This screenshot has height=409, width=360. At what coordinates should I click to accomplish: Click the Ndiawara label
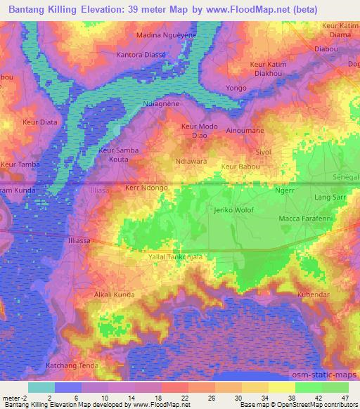[x=190, y=160]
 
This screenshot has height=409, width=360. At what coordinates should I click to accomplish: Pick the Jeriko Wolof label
[x=233, y=210]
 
